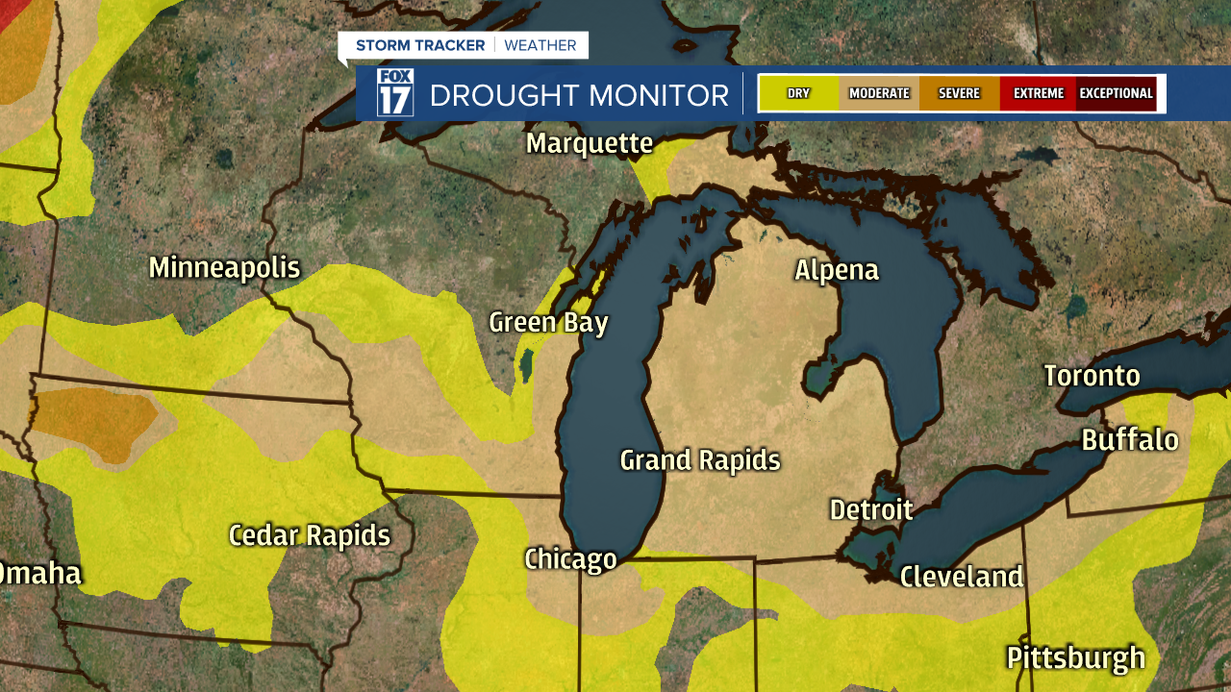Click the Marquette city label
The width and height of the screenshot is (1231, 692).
589,144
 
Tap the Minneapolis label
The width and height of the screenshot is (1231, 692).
224,267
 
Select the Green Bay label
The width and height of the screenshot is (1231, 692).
548,322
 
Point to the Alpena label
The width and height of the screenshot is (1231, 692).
836,270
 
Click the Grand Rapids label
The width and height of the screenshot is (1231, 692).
699,460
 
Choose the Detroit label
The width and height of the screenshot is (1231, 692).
870,509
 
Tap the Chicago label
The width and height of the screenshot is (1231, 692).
570,558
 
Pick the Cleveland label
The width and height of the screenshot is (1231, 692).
961,577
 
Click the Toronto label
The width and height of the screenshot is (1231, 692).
1092,376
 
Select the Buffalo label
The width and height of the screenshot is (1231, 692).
1129,440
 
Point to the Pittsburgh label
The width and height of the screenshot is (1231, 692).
1075,658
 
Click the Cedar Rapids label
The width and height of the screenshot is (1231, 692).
309,535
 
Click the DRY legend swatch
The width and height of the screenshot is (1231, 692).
798,93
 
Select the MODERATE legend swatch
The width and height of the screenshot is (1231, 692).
879,93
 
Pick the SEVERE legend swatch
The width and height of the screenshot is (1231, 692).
959,93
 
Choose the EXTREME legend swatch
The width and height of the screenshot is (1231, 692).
1038,93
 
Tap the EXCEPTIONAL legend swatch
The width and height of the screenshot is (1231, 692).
1116,93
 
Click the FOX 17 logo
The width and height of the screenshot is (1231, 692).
394,92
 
